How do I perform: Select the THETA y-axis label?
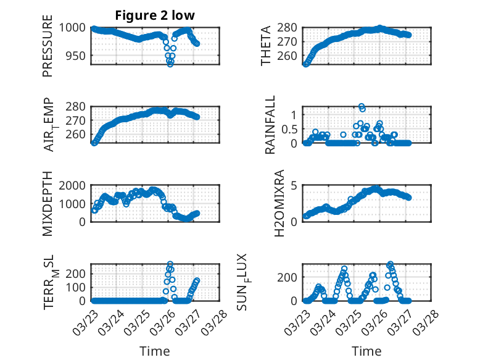(x=266, y=46)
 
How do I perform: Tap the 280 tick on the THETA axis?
(x=290, y=28)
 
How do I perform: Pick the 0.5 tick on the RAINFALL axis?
(x=290, y=129)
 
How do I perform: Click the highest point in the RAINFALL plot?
(x=361, y=106)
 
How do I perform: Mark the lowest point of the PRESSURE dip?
(x=170, y=64)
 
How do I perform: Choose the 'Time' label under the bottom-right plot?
(x=366, y=351)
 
